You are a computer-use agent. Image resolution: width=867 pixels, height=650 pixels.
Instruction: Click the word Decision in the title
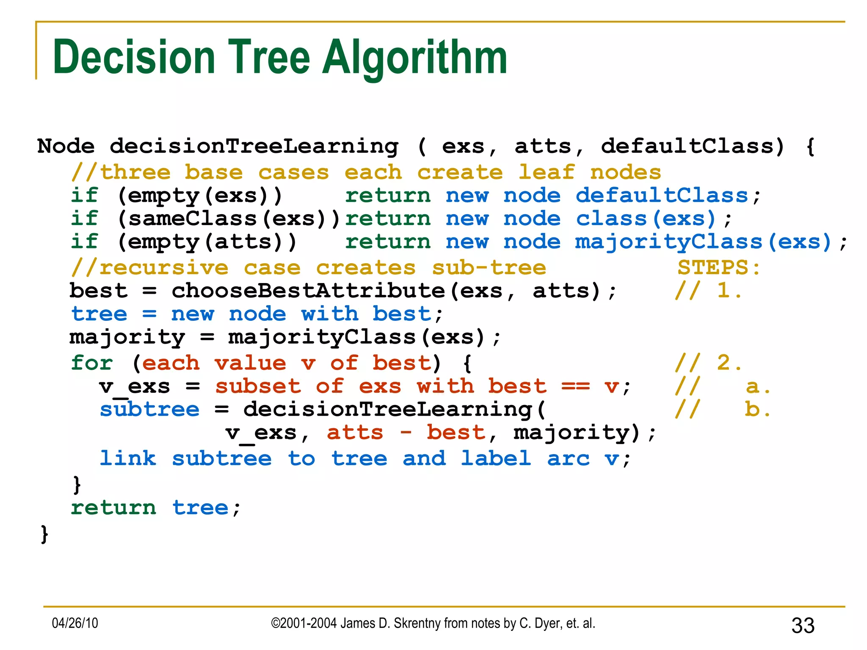click(x=134, y=57)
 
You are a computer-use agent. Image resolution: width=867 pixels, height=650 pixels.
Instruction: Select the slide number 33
click(x=803, y=625)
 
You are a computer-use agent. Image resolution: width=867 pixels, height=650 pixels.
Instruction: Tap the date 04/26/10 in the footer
click(x=75, y=623)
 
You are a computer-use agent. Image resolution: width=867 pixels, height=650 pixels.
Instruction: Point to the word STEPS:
click(x=719, y=267)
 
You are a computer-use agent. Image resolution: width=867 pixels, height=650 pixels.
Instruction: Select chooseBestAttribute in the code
click(x=308, y=291)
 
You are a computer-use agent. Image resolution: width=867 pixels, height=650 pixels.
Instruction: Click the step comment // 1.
click(x=708, y=291)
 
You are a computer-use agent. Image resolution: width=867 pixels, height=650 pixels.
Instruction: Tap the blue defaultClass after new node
click(x=662, y=196)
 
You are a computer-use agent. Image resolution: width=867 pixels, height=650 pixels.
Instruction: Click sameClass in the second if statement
click(x=193, y=219)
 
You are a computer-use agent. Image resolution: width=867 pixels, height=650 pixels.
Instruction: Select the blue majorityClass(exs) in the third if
click(x=703, y=242)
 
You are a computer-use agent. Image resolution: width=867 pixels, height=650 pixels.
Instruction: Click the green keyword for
click(x=92, y=363)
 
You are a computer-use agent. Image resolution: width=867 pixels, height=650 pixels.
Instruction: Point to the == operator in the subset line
click(x=575, y=386)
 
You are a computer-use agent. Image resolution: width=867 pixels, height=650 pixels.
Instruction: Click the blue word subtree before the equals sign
click(x=149, y=409)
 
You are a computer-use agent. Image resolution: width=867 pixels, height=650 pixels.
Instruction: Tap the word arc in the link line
click(x=568, y=459)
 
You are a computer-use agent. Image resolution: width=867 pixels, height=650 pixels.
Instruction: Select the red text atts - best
click(x=406, y=432)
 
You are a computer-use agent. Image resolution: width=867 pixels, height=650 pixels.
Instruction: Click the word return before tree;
click(x=113, y=508)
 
